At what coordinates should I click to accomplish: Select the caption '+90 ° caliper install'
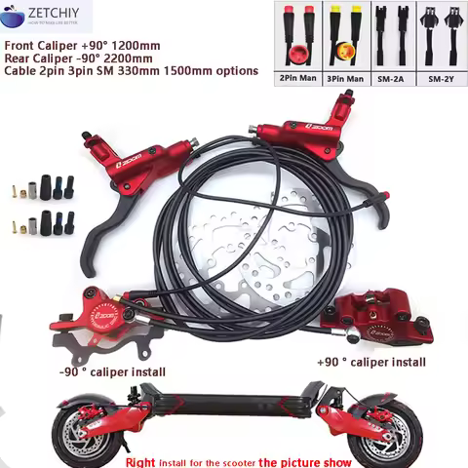(370, 362)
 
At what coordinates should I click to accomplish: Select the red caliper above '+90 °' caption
(380, 317)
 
